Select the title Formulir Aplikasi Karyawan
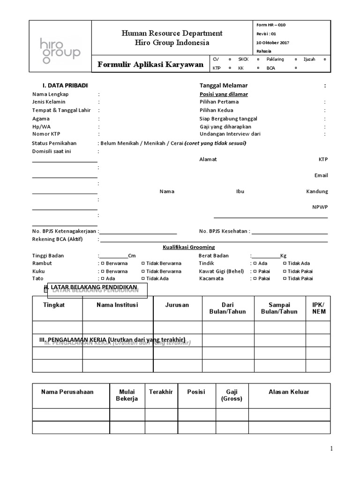(150, 64)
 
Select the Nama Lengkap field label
(51, 94)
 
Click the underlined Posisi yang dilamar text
(224, 94)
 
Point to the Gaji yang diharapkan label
(225, 127)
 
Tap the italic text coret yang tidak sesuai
(215, 143)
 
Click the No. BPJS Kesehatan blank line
(290, 232)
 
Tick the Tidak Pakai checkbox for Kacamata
(285, 278)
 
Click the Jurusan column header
(177, 305)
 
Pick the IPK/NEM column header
(318, 308)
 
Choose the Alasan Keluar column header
(289, 392)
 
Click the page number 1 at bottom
(331, 449)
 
